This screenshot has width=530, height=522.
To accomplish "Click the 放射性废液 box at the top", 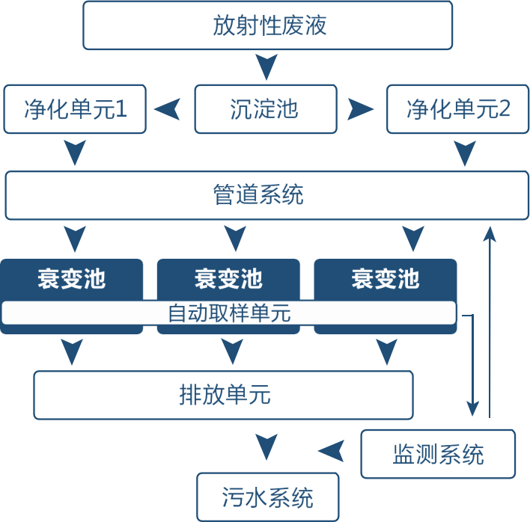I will pos(267,25).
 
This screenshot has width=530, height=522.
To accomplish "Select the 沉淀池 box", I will pos(266,109).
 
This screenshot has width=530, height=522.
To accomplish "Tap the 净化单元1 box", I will pos(75,109).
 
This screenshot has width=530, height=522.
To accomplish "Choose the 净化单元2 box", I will pos(457,109).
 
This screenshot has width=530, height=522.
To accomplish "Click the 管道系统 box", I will pos(259,196).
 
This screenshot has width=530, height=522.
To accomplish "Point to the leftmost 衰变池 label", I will pos(71,280).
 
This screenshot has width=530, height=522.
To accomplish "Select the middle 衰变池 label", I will pos(228,280).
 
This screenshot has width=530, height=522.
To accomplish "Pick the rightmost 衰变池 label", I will pos(385,280).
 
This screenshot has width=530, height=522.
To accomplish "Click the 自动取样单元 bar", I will pos(228,313).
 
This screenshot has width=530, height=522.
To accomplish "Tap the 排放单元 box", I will pos(223,394).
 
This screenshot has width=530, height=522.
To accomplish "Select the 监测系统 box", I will pos(438,454).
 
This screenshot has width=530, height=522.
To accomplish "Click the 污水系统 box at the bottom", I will pos(267,497).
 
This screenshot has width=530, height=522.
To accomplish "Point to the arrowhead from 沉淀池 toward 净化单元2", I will pos(360,109).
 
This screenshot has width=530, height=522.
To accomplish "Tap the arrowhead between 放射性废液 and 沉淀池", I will pos(266,67).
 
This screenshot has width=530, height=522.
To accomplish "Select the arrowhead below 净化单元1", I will pos(74,153).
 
